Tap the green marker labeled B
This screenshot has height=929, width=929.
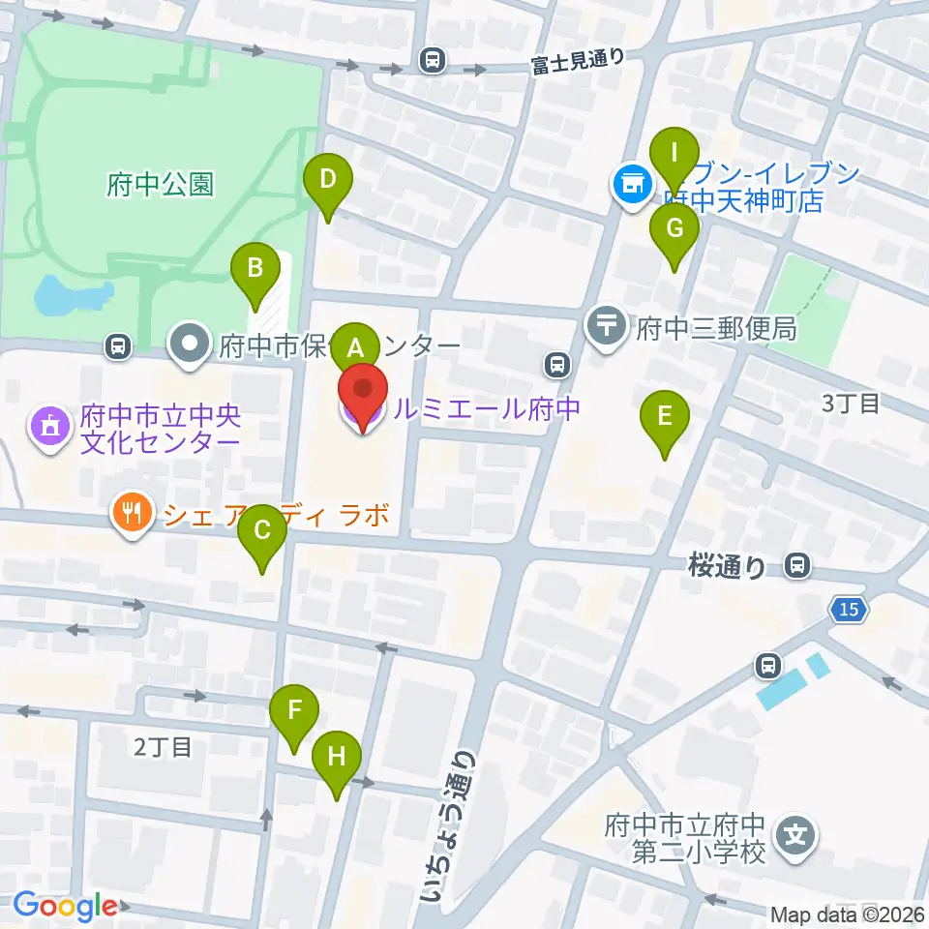point(255,268)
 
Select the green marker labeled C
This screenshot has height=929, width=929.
point(262,531)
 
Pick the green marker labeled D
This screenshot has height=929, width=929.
point(328,180)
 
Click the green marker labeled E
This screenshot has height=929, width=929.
point(664,417)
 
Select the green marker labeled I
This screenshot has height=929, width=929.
point(675,153)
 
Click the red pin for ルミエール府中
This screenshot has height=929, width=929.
point(362,397)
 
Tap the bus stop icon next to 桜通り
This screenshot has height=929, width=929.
point(797,565)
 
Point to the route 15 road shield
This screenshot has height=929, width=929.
point(849,610)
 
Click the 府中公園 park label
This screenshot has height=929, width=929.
point(160,185)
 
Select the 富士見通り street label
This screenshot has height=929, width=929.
point(578,63)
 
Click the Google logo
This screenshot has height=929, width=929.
point(65,906)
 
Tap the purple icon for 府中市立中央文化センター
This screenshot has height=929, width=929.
point(50,427)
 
